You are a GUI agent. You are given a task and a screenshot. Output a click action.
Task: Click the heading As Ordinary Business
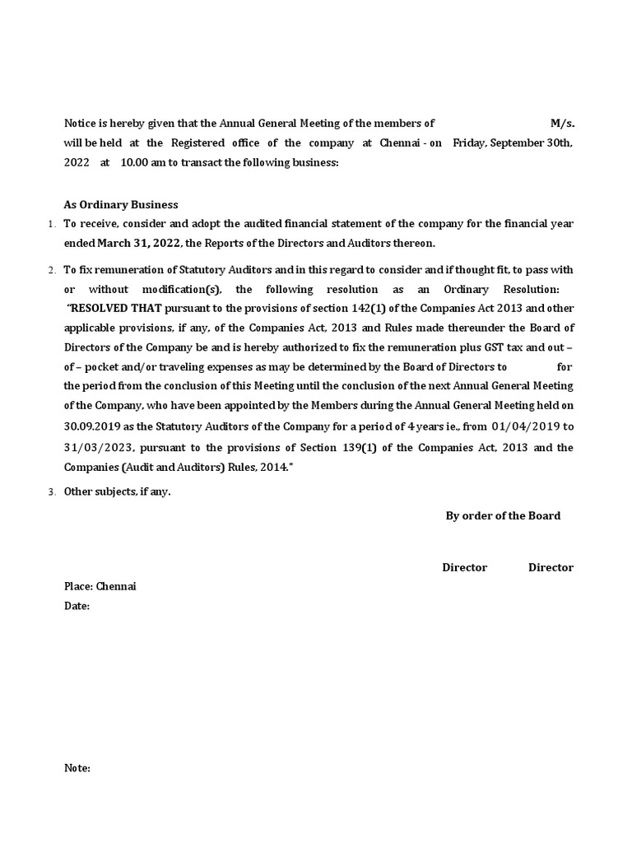121,204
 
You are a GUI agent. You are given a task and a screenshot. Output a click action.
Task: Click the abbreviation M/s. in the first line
562,123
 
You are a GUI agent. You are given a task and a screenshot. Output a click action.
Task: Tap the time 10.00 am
141,163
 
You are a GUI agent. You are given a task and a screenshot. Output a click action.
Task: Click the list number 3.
51,492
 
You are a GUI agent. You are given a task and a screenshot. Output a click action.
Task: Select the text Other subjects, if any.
118,492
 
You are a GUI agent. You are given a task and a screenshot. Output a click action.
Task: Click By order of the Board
503,516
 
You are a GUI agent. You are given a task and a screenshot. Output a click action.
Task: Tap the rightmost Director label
551,567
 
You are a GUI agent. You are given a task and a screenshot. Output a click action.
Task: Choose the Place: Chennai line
100,586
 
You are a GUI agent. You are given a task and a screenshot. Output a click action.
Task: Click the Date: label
77,606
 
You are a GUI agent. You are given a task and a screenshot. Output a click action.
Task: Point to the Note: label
77,768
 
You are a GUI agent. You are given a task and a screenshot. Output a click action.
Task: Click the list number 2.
51,270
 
